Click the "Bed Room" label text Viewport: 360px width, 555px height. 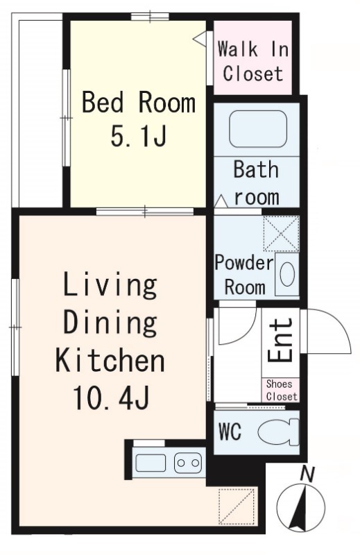[x=139, y=102]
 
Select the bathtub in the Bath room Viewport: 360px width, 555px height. [x=258, y=128]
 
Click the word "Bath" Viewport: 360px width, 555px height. [x=256, y=169]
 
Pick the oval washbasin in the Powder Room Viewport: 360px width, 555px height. [x=287, y=274]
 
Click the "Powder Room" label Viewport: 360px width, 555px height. [x=244, y=275]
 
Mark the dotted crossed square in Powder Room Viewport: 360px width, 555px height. [x=282, y=234]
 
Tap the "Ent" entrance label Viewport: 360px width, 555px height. [x=280, y=340]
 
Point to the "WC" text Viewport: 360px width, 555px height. [x=230, y=432]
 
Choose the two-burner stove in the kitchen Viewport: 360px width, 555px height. [x=188, y=463]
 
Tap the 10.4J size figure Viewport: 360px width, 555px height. [x=111, y=398]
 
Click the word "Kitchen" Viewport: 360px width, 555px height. [x=110, y=360]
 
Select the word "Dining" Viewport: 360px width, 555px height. [x=110, y=323]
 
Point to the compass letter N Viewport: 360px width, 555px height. [x=307, y=475]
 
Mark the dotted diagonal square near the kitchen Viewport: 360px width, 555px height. [x=237, y=506]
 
